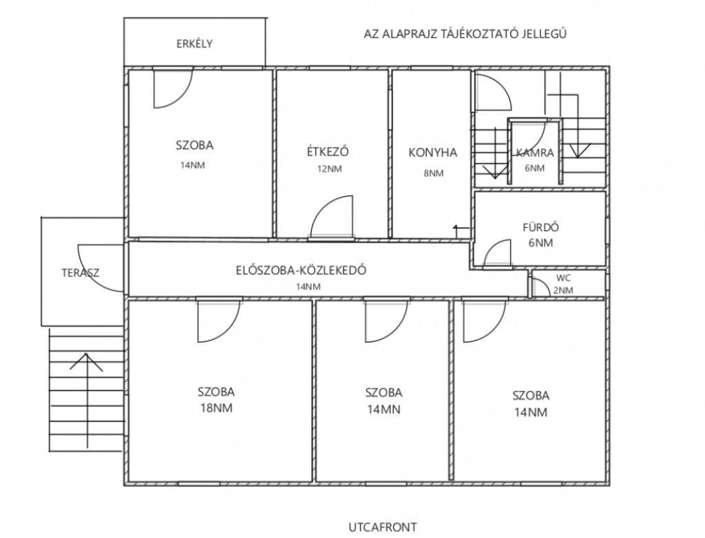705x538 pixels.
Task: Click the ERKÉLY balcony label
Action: (194, 44)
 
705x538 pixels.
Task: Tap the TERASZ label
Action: (80, 273)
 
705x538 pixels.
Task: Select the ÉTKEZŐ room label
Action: (328, 151)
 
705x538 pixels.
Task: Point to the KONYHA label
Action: (432, 153)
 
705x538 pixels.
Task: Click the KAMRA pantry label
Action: (535, 153)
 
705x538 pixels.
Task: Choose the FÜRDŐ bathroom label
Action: (540, 227)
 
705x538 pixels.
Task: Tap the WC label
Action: (563, 278)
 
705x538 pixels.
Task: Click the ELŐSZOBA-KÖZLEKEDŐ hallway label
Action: (301, 270)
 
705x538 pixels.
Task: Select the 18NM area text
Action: (216, 408)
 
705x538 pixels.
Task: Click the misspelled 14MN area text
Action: (383, 409)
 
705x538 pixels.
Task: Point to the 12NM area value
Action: (330, 169)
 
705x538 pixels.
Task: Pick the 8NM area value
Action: (434, 173)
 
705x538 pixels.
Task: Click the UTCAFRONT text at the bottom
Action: (383, 527)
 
